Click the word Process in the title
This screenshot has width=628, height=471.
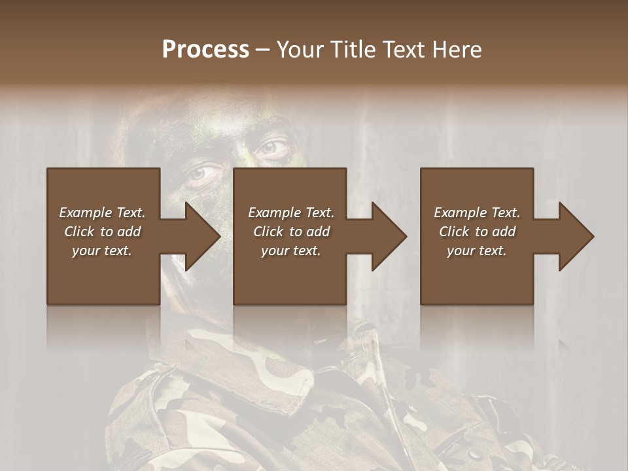pyautogui.click(x=205, y=50)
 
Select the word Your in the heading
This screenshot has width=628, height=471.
pyautogui.click(x=301, y=50)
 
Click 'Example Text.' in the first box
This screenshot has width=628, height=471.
pyautogui.click(x=102, y=213)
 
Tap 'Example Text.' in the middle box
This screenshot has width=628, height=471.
pyautogui.click(x=291, y=213)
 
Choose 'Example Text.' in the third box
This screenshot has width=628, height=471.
pyautogui.click(x=477, y=213)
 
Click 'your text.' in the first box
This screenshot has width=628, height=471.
pyautogui.click(x=102, y=251)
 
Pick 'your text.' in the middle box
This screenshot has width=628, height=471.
pyautogui.click(x=291, y=251)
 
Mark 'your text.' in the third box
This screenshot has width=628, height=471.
pyautogui.click(x=477, y=251)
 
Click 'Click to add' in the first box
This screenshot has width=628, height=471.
pyautogui.click(x=102, y=232)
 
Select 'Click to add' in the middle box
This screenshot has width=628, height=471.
pyautogui.click(x=291, y=232)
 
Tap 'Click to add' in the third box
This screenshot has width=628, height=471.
pyautogui.click(x=477, y=232)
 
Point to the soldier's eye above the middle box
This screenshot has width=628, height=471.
pyautogui.click(x=270, y=147)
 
